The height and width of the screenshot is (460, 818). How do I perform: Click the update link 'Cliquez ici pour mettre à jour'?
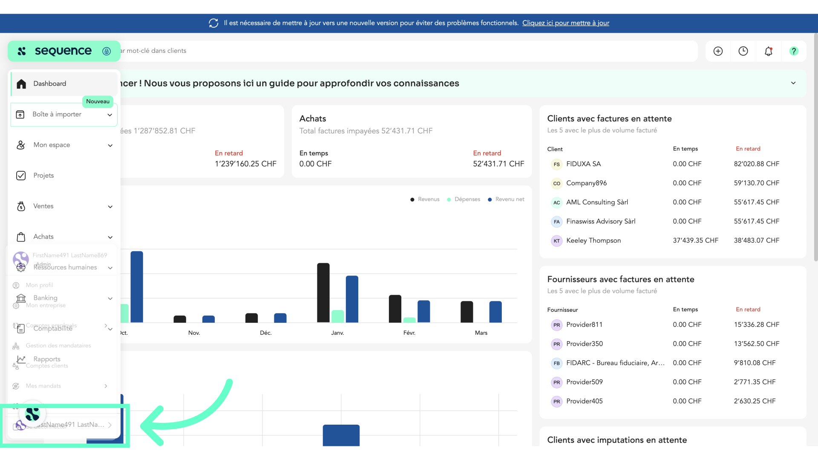pyautogui.click(x=565, y=23)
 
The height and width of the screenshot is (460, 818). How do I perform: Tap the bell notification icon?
pyautogui.click(x=768, y=51)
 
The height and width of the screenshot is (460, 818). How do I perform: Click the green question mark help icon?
pyautogui.click(x=793, y=51)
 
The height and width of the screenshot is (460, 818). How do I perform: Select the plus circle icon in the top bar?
pyautogui.click(x=718, y=51)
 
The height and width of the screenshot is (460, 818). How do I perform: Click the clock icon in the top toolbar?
pyautogui.click(x=743, y=51)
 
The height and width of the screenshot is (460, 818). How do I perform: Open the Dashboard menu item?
pyautogui.click(x=50, y=84)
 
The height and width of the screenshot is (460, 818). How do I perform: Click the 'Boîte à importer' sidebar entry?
pyautogui.click(x=57, y=115)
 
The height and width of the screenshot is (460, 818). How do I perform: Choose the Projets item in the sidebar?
pyautogui.click(x=43, y=175)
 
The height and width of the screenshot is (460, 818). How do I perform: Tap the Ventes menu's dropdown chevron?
pyautogui.click(x=110, y=207)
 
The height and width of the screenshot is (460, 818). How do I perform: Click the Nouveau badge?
pyautogui.click(x=98, y=101)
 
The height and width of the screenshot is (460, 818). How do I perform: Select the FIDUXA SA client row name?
pyautogui.click(x=583, y=164)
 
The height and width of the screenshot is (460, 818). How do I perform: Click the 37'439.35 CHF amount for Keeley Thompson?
pyautogui.click(x=695, y=241)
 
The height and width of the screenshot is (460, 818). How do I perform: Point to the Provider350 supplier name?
pyautogui.click(x=584, y=344)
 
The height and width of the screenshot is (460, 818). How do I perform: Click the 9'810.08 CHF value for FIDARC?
pyautogui.click(x=755, y=363)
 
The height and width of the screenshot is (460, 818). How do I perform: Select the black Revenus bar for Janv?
pyautogui.click(x=323, y=293)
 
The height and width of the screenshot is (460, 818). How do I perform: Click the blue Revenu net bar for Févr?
pyautogui.click(x=423, y=311)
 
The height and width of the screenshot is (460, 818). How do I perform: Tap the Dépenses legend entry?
pyautogui.click(x=467, y=199)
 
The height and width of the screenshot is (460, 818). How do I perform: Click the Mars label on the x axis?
pyautogui.click(x=481, y=333)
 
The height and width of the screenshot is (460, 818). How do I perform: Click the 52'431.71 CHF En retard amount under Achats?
pyautogui.click(x=498, y=164)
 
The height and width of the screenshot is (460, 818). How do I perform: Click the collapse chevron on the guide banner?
pyautogui.click(x=793, y=83)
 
